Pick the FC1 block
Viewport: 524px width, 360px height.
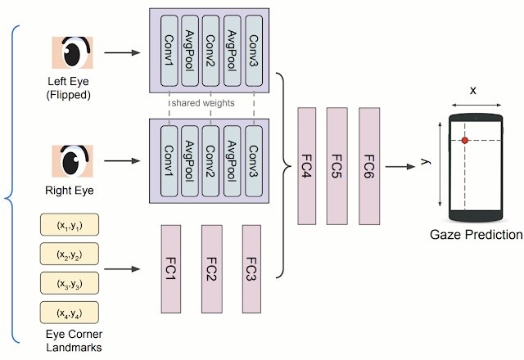tap(171, 268)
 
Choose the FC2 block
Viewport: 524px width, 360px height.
tap(211, 268)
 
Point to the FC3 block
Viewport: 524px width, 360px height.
tap(251, 268)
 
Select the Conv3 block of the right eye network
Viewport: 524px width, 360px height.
tap(253, 160)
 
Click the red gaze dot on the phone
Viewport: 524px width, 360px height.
tap(464, 141)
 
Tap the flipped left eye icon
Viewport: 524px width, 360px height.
tap(71, 53)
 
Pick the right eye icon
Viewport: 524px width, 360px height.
tap(71, 161)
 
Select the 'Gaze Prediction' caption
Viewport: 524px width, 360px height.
tap(476, 235)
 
